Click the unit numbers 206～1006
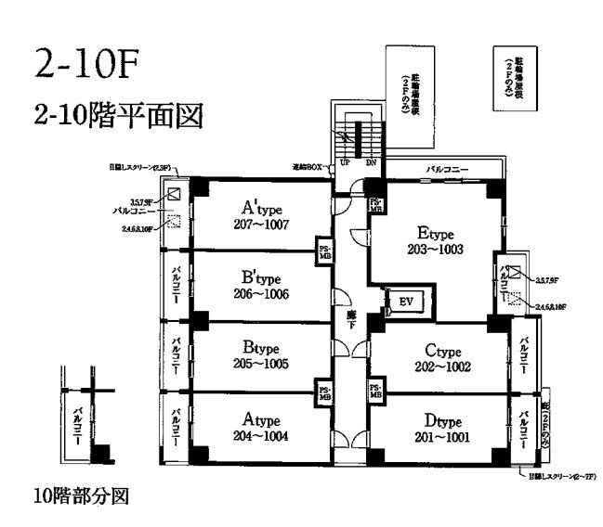point(263,295)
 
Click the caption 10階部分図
point(78,495)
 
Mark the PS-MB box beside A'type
point(324,251)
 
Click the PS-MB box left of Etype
point(376,204)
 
